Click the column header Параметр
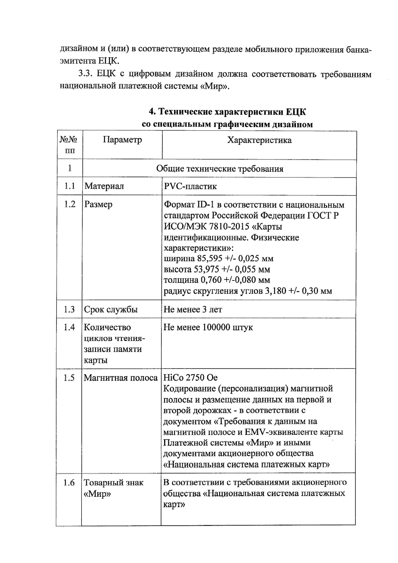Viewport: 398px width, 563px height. coord(122,140)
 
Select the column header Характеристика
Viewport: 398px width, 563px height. coord(259,140)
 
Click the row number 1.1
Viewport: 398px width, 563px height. coord(70,186)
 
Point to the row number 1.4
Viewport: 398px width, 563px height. coord(69,328)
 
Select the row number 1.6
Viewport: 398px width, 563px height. coord(69,483)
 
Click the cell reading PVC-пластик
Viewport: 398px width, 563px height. coord(190,186)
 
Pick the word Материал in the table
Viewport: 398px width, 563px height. coord(104,186)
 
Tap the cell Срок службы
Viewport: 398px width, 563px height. coord(110,310)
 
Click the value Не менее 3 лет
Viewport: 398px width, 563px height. coord(193,310)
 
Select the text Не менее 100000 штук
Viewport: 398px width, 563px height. coord(208,328)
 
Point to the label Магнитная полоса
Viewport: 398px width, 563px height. coord(120,378)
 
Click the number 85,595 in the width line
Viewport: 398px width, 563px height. coord(207,258)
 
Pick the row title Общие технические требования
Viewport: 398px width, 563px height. coord(220,169)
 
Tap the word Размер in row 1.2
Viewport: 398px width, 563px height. coord(98,204)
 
